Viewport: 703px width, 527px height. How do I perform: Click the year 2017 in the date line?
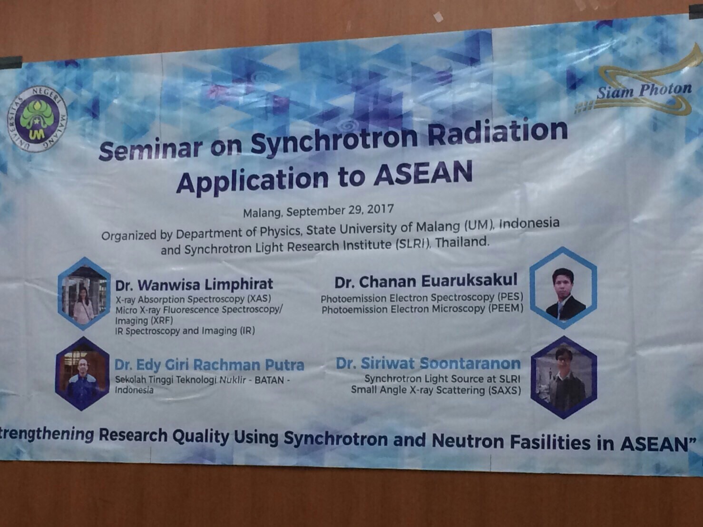tap(381, 209)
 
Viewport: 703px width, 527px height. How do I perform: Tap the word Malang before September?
tap(263, 213)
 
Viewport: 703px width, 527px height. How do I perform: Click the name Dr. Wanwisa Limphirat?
tap(194, 284)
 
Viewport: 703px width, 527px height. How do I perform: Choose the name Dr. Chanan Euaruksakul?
tap(426, 281)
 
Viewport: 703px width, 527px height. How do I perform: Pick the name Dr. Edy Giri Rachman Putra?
tap(209, 365)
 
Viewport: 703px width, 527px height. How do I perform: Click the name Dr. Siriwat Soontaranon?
tap(428, 363)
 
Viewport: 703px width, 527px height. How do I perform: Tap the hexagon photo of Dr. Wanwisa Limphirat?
tap(84, 293)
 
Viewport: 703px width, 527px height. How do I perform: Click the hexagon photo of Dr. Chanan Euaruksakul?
tap(563, 287)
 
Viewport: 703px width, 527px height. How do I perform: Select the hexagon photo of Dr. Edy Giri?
tap(83, 374)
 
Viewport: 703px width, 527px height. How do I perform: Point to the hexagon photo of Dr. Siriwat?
tap(564, 377)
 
